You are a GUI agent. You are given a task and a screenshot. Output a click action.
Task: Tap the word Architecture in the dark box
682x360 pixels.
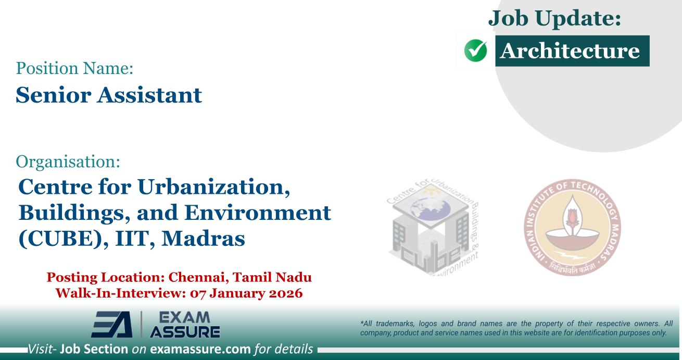pos(572,51)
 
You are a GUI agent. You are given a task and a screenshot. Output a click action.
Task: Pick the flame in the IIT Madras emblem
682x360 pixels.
pos(573,217)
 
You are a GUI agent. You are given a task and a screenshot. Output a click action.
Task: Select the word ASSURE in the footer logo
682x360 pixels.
pos(185,331)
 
